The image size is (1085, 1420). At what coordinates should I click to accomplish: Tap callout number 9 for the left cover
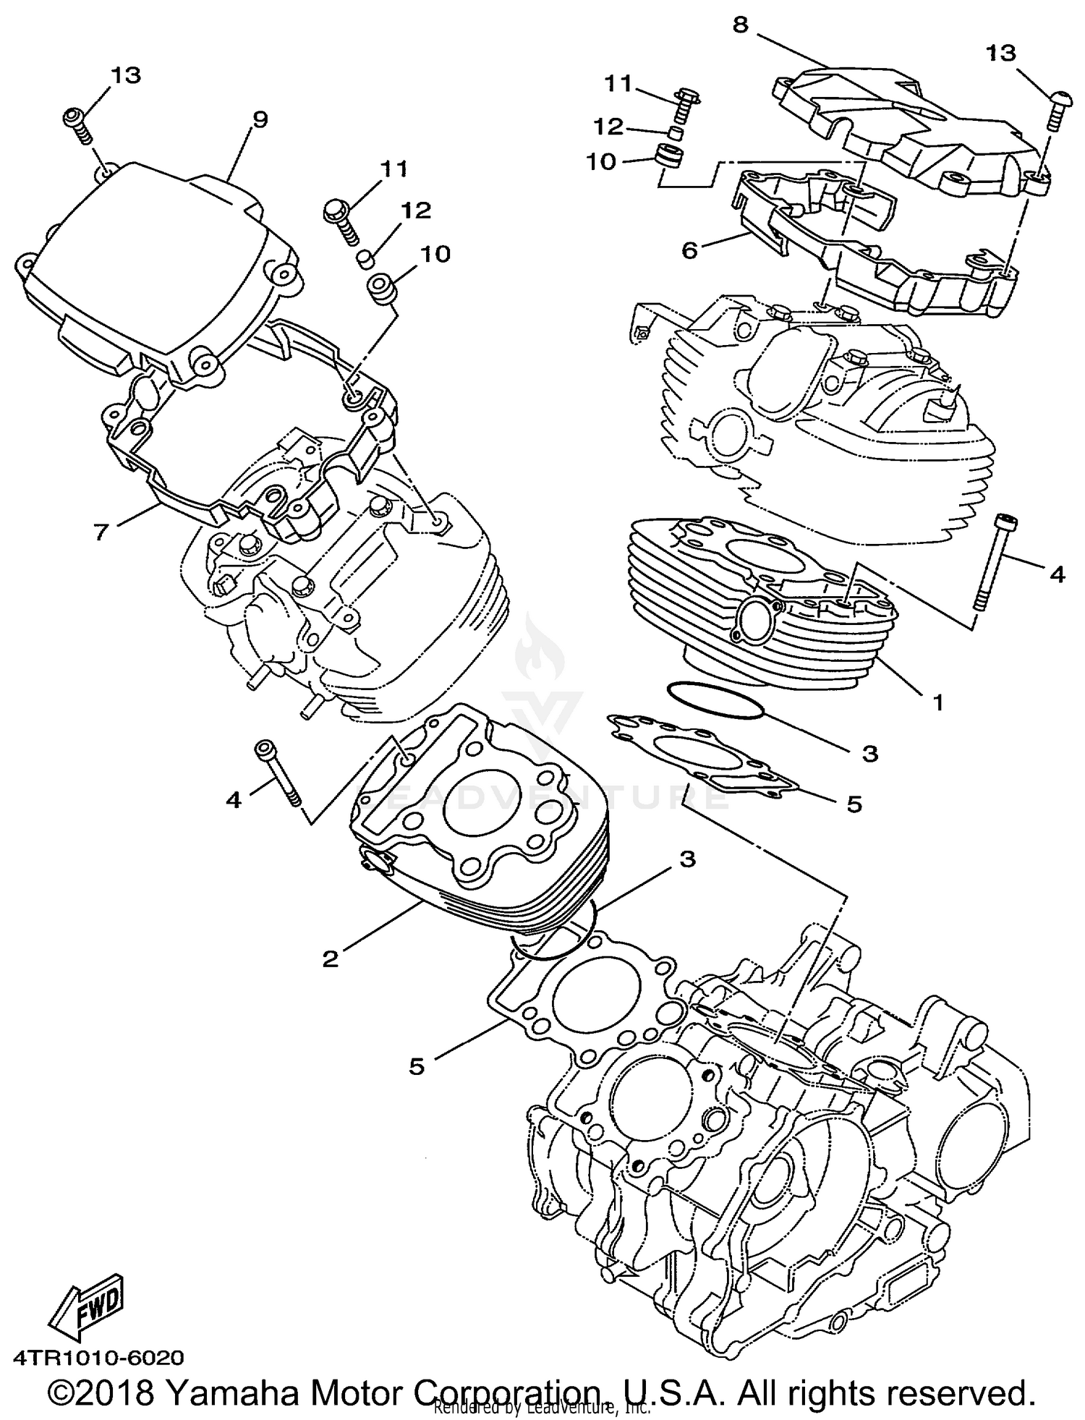260,120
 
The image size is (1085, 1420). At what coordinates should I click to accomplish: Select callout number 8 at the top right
740,25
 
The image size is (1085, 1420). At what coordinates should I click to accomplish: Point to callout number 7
101,532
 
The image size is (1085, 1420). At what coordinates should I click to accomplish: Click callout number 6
689,251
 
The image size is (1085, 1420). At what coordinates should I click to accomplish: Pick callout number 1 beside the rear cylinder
937,701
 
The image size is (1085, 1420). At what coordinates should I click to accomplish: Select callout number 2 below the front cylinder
330,959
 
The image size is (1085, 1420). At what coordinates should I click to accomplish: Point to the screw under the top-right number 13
1055,109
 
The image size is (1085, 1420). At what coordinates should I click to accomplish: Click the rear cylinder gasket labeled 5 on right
702,752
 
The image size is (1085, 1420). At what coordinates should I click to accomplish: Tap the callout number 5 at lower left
416,1067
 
